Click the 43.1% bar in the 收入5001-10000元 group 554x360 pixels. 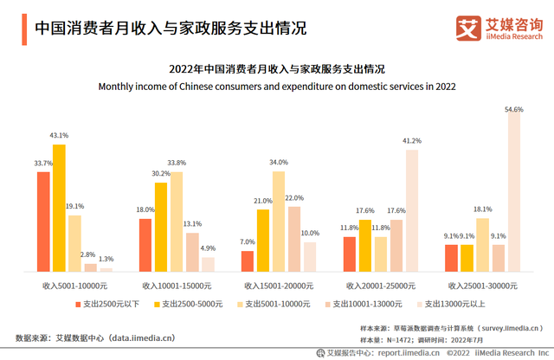pyautogui.click(x=59, y=208)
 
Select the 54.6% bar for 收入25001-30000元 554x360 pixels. pyautogui.click(x=514, y=194)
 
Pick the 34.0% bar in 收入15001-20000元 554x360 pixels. pyautogui.click(x=279, y=222)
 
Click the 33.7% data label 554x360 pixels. pyautogui.click(x=43, y=163)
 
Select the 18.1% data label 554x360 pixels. pyautogui.click(x=483, y=209)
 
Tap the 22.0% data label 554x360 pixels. pyautogui.click(x=294, y=198)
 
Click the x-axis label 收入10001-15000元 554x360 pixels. pyautogui.click(x=177, y=285)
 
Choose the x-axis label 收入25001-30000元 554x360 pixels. pyautogui.click(x=483, y=285)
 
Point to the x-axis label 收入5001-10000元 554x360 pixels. pyautogui.click(x=74, y=285)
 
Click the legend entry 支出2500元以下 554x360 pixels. pyautogui.click(x=107, y=304)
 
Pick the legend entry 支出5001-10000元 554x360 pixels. pyautogui.click(x=275, y=304)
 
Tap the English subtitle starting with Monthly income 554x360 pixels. pyautogui.click(x=277, y=87)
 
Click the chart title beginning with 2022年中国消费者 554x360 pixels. pyautogui.click(x=277, y=68)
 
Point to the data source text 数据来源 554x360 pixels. pyautogui.click(x=95, y=337)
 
